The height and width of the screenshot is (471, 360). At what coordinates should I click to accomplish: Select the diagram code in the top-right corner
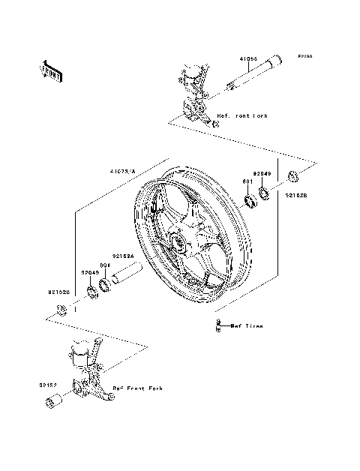coord(304,56)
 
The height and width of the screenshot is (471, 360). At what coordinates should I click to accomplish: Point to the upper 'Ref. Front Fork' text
coord(242,116)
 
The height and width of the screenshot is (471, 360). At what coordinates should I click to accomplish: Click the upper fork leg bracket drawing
coord(193,94)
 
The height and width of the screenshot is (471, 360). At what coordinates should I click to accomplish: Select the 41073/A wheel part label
coord(123,172)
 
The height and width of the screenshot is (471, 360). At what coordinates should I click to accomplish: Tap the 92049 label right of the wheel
coord(262,174)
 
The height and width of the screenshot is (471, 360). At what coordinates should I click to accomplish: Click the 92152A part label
coord(123,256)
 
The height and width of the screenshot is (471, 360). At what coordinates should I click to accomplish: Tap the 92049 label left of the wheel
coord(89,273)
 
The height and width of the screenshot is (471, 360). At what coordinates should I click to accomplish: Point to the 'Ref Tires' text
coord(247,325)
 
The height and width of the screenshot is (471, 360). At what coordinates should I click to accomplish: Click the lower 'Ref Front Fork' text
coord(137,388)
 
